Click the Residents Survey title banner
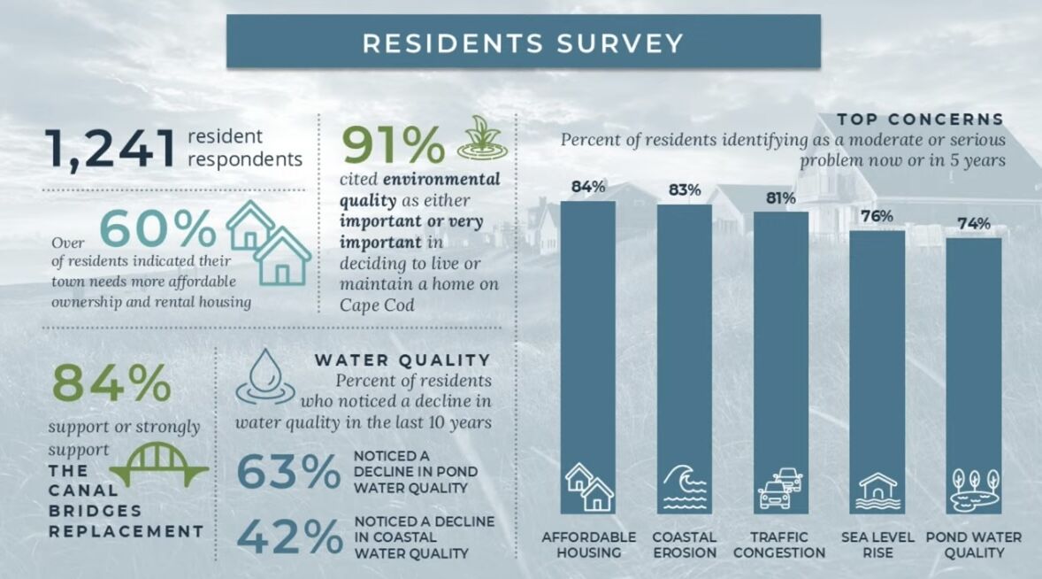tap(523, 42)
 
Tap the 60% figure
tap(157, 228)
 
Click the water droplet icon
tap(265, 375)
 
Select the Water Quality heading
tap(402, 359)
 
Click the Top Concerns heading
tap(920, 119)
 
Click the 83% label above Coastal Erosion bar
tap(685, 190)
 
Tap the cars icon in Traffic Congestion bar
tap(781, 488)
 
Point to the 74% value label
tap(973, 224)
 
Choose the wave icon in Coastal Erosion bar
tap(685, 488)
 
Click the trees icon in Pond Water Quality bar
tap(973, 488)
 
